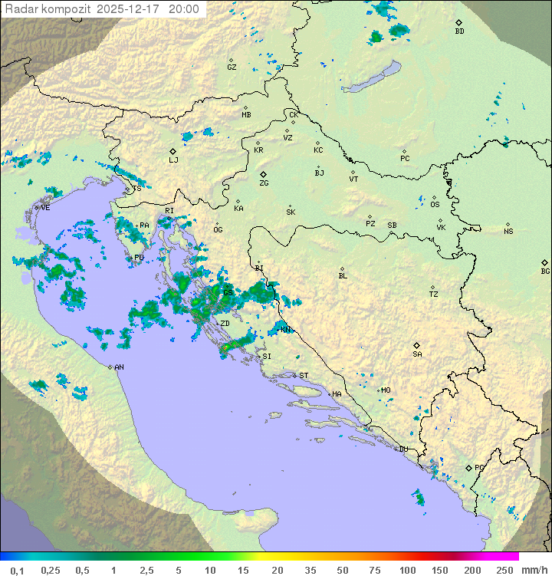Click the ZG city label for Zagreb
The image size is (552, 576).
point(264,183)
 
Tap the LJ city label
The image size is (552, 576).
point(173,160)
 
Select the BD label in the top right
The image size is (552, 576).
point(459,31)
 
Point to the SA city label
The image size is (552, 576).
point(417,354)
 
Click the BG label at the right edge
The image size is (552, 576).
point(545,271)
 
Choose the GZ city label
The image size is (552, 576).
point(232,67)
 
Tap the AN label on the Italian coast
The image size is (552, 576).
point(119,367)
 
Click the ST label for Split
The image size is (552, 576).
point(304,376)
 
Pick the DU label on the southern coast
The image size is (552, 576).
point(402,449)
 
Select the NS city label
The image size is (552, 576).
point(508,231)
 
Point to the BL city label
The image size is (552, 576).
point(343,275)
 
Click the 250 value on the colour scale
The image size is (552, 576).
point(504,570)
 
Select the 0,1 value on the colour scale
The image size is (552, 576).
point(18,570)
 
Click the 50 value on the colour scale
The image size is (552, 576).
point(341,570)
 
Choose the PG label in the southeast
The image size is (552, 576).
point(479,467)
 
